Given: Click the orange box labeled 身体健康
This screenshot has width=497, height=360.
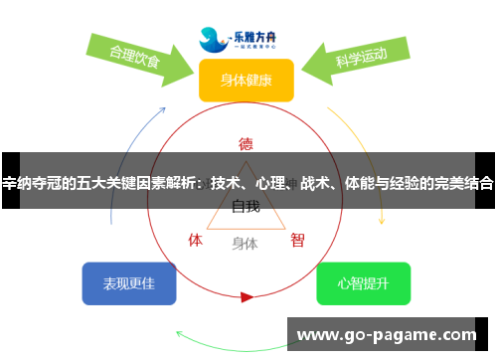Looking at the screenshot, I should (247, 80).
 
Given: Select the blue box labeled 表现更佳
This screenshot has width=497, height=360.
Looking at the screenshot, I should (129, 283).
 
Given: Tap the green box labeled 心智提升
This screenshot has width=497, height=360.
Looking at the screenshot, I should (363, 283).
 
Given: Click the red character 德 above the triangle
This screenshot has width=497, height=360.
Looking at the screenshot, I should (246, 142).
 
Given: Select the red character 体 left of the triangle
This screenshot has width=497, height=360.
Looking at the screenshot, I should (196, 240).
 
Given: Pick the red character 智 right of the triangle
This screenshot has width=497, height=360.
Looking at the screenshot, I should (297, 240).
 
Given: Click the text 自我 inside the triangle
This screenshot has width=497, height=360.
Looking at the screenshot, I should (246, 207).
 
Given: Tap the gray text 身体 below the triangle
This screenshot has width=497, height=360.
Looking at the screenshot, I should (246, 243).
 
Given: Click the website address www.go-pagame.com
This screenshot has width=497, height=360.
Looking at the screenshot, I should (388, 334).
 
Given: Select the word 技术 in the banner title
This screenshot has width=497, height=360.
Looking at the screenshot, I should (226, 183).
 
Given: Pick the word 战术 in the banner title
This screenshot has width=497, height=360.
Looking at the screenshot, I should (316, 183).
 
